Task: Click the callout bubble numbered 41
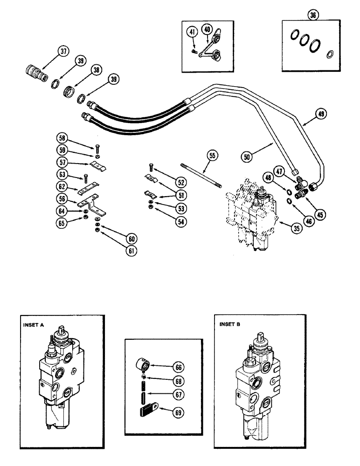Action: pyautogui.click(x=191, y=32)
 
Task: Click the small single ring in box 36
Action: pyautogui.click(x=330, y=53)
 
